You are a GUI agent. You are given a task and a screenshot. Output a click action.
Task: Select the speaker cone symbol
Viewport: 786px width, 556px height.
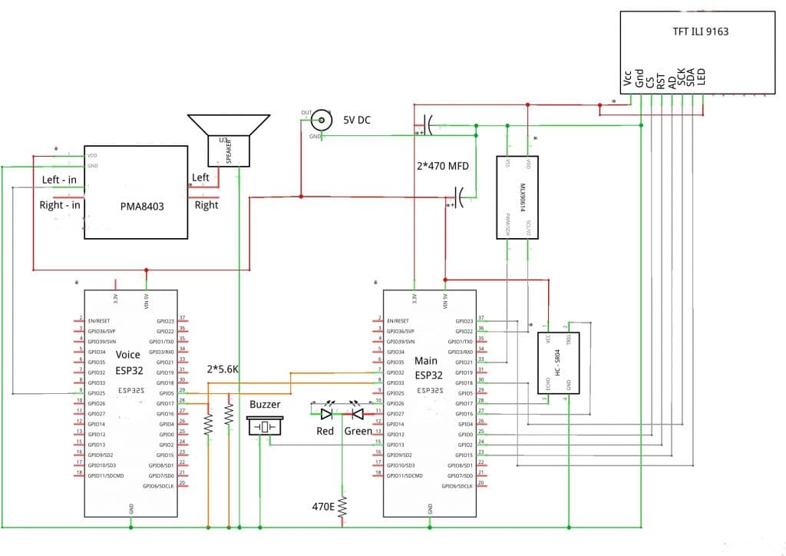pyautogui.click(x=229, y=124)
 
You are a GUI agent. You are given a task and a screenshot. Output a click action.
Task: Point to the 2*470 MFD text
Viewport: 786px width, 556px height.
pyautogui.click(x=441, y=166)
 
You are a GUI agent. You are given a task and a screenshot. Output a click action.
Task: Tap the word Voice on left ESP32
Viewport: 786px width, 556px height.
pyautogui.click(x=127, y=356)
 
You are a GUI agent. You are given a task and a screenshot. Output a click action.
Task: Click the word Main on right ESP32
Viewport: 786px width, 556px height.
pyautogui.click(x=426, y=359)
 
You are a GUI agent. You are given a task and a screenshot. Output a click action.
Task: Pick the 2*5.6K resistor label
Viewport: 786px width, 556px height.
pyautogui.click(x=224, y=369)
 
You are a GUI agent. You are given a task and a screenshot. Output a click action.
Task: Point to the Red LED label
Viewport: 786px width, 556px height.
pyautogui.click(x=326, y=431)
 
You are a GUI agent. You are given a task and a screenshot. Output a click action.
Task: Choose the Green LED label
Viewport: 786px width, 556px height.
pyautogui.click(x=358, y=431)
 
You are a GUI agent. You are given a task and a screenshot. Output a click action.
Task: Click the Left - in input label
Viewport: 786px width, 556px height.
pyautogui.click(x=59, y=180)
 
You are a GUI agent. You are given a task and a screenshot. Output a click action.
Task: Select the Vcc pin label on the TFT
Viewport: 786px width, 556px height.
pyautogui.click(x=629, y=80)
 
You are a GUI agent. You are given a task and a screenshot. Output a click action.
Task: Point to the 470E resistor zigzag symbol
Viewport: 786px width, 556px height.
pyautogui.click(x=342, y=506)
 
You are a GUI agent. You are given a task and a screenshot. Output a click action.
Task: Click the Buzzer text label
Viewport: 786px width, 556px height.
pyautogui.click(x=265, y=405)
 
